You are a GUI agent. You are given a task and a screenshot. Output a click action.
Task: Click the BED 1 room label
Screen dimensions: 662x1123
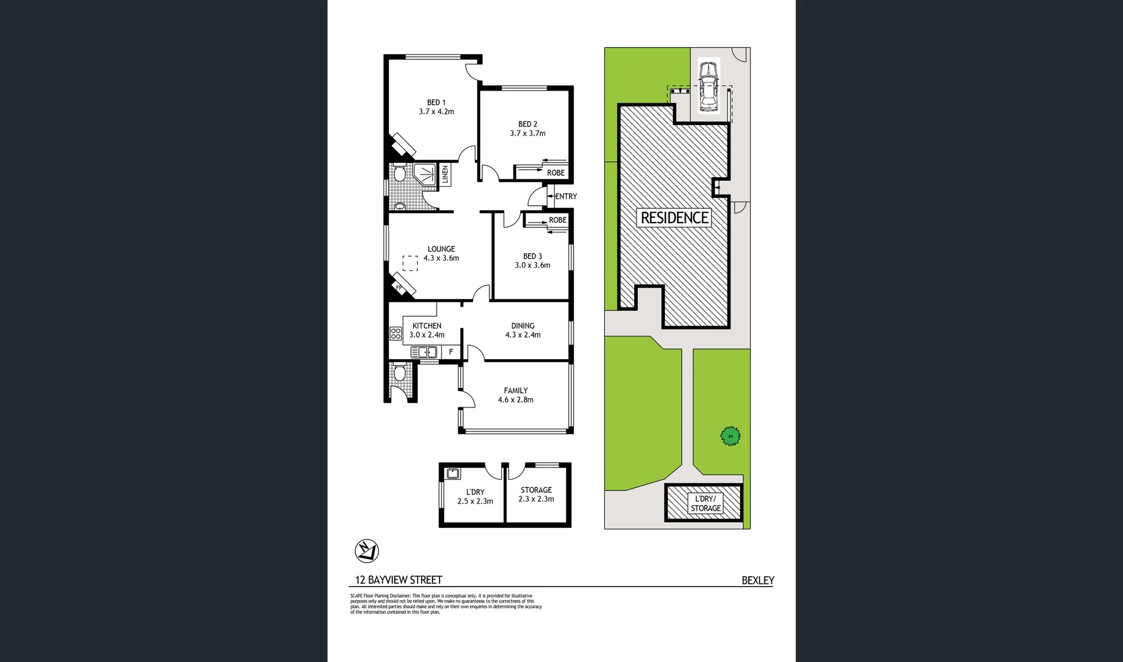click(436, 102)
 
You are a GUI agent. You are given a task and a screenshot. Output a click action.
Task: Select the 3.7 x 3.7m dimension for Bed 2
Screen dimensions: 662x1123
click(527, 133)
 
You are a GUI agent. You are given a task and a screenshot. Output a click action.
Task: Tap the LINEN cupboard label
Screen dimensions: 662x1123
click(445, 175)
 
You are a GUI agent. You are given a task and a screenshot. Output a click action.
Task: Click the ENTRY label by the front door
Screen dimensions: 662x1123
click(565, 197)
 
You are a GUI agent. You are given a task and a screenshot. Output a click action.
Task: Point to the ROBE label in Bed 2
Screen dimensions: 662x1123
click(556, 173)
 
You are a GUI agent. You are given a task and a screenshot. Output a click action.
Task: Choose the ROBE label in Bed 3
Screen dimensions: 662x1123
click(558, 220)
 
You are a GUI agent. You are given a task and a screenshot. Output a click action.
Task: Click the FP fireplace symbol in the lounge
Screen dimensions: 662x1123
click(399, 287)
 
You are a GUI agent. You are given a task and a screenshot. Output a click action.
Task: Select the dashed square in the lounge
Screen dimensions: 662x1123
click(410, 263)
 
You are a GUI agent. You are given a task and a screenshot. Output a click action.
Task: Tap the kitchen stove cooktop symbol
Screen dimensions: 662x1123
click(396, 333)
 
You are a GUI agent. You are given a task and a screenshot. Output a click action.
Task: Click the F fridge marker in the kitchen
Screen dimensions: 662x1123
click(451, 352)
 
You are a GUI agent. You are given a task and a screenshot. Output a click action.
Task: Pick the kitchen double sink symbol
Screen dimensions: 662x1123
click(424, 352)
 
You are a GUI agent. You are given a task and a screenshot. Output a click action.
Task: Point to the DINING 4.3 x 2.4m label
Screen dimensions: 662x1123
click(523, 330)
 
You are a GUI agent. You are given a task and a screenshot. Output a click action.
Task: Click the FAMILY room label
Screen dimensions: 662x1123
click(516, 390)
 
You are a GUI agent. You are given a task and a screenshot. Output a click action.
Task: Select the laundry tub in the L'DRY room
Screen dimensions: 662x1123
click(453, 473)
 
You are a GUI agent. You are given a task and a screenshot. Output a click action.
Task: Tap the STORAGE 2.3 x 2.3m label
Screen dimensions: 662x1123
click(536, 494)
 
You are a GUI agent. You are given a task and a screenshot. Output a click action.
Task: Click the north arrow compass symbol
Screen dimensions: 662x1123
click(367, 551)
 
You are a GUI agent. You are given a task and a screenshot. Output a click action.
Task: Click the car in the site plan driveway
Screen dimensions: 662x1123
click(708, 86)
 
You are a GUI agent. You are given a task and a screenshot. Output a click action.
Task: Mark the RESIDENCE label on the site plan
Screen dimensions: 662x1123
click(674, 218)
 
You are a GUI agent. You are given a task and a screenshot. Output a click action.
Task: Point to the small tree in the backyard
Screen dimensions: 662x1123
click(730, 436)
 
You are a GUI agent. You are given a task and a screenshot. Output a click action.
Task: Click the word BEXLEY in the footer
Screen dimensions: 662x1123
click(757, 580)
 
